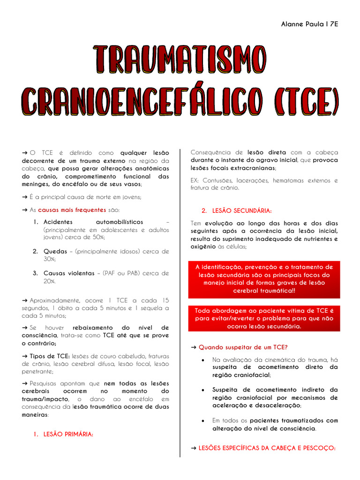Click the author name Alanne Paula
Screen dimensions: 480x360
(x=301, y=24)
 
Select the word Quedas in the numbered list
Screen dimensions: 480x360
(x=55, y=251)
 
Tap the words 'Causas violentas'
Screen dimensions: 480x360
(x=69, y=273)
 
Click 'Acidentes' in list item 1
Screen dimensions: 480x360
(x=58, y=222)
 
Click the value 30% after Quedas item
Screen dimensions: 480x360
(x=49, y=259)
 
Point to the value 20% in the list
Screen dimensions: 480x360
(x=49, y=281)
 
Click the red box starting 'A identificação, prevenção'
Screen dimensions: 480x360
(x=264, y=279)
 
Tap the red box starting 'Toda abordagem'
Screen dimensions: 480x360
(x=264, y=319)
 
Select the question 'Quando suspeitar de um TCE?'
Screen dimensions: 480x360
(x=243, y=347)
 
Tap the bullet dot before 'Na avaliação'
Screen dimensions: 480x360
(x=202, y=360)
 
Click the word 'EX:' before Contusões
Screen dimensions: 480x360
(x=195, y=180)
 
